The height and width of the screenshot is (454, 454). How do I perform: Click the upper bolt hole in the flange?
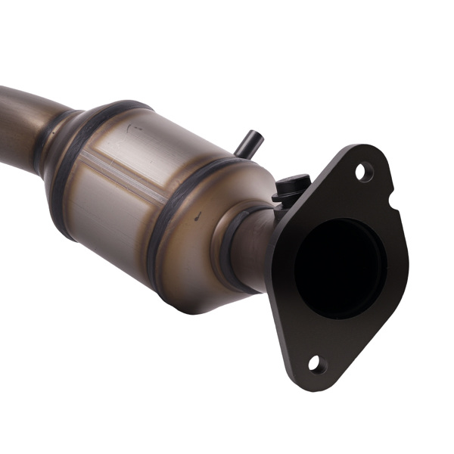point(364,173)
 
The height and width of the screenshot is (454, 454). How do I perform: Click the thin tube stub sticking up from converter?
point(248,143)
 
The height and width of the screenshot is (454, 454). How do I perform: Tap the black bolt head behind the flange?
point(291,186)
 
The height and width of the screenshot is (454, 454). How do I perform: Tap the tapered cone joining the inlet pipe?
point(57,140)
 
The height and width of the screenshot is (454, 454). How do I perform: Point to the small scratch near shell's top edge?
point(136,129)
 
